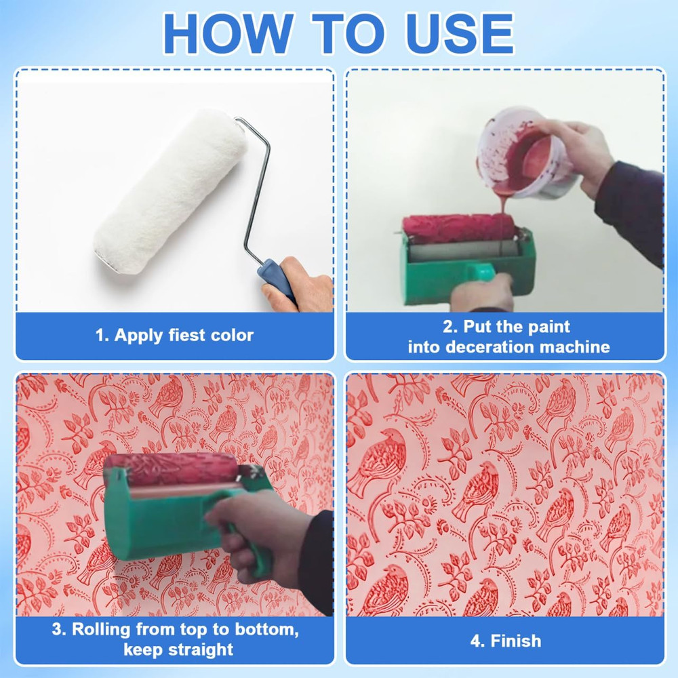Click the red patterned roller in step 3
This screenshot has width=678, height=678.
click(x=169, y=468)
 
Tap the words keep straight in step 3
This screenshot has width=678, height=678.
click(x=178, y=650)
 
